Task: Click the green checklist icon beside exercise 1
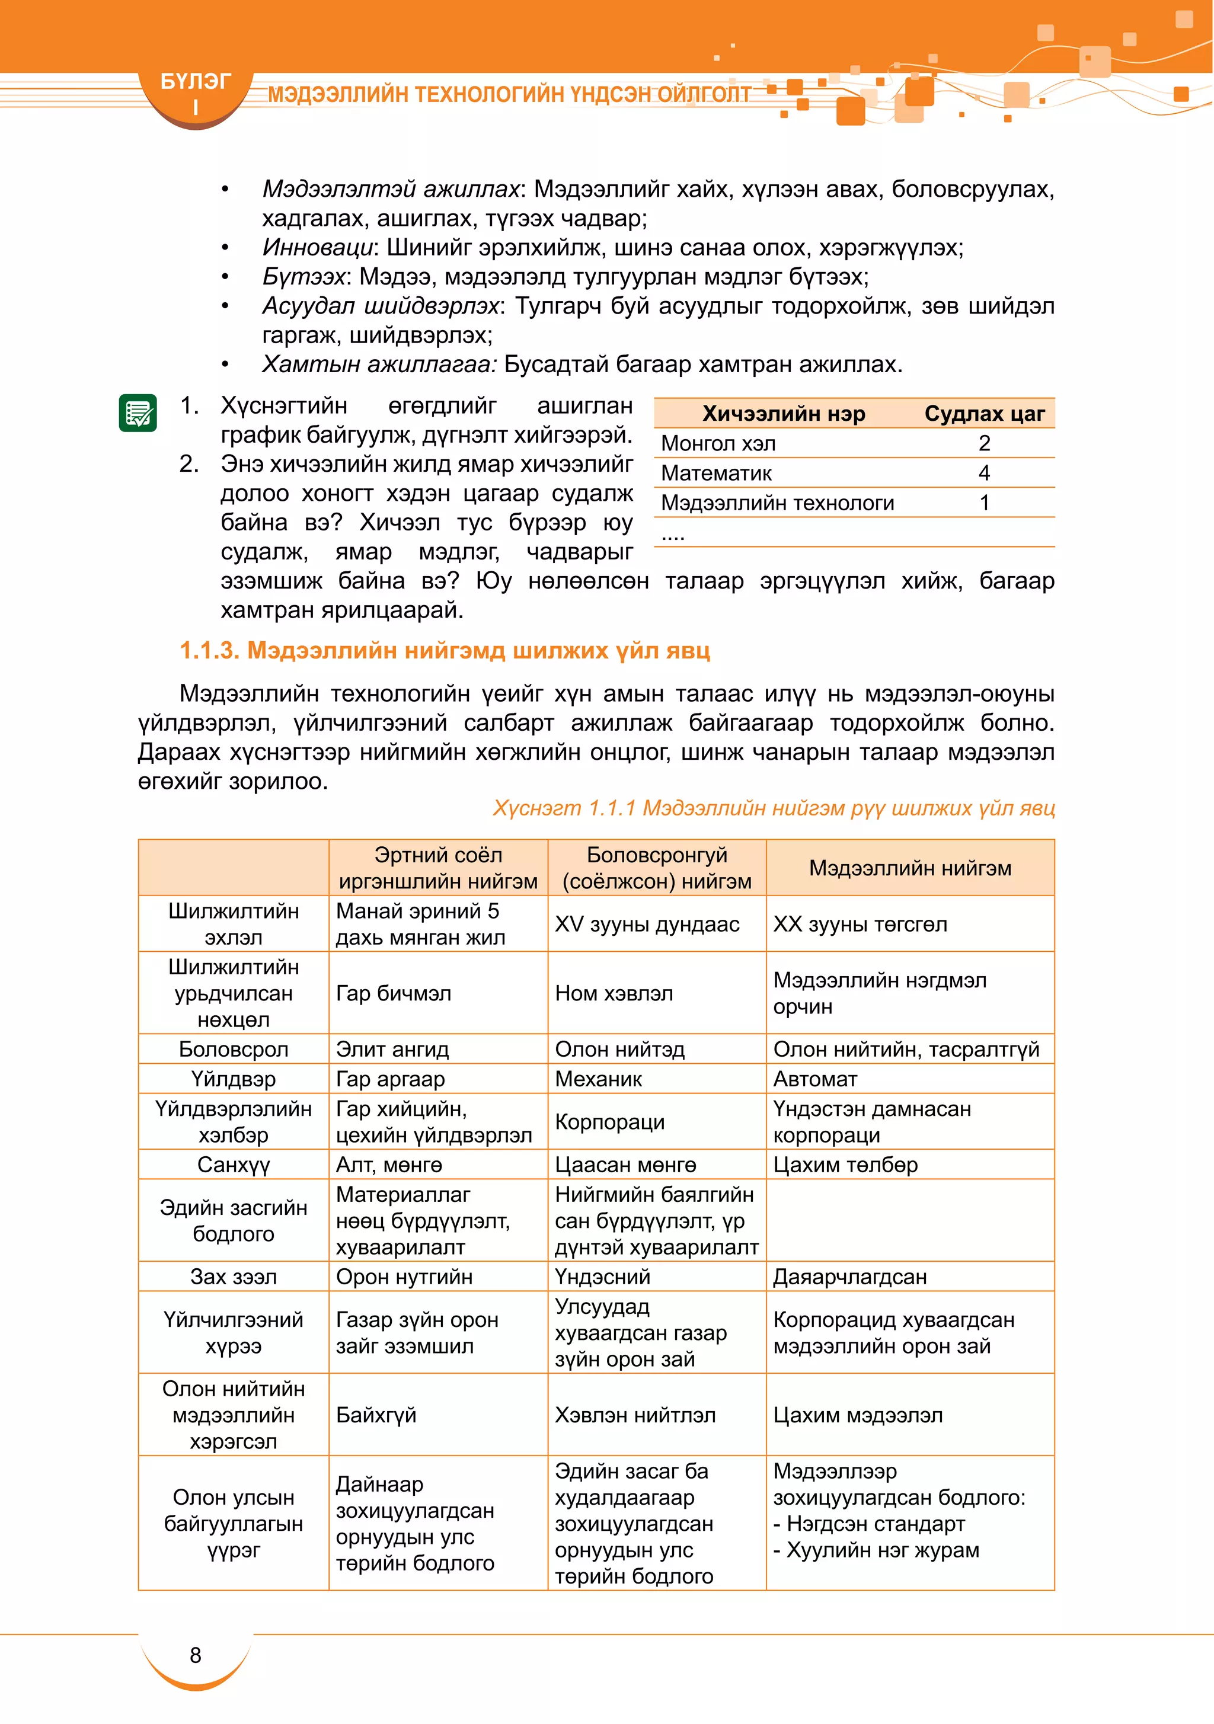click(x=138, y=412)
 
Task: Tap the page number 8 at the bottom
click(x=196, y=1654)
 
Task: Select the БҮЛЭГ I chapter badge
click(x=196, y=93)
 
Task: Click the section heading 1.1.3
click(x=445, y=650)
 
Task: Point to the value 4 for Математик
click(x=984, y=473)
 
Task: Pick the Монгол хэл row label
click(x=718, y=444)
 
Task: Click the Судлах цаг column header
click(x=984, y=414)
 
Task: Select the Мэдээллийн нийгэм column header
click(x=910, y=868)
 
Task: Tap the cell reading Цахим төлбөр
click(x=845, y=1165)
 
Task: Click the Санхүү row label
click(x=234, y=1165)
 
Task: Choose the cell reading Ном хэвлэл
click(x=614, y=993)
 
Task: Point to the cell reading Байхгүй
click(x=376, y=1415)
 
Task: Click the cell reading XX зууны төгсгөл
click(x=860, y=925)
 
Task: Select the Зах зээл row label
click(x=234, y=1277)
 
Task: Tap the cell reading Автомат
click(x=815, y=1079)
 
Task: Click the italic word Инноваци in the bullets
click(x=318, y=247)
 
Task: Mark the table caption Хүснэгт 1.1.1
click(x=774, y=808)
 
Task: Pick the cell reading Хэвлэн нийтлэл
click(x=635, y=1415)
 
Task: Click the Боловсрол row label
click(x=234, y=1049)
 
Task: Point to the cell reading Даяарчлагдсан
click(x=849, y=1277)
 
